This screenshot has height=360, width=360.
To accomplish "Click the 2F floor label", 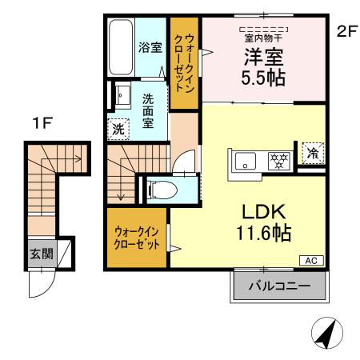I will pos(346,33).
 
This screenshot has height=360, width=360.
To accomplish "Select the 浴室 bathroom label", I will pos(150,46).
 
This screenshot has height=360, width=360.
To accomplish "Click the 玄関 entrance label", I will pos(42,254).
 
